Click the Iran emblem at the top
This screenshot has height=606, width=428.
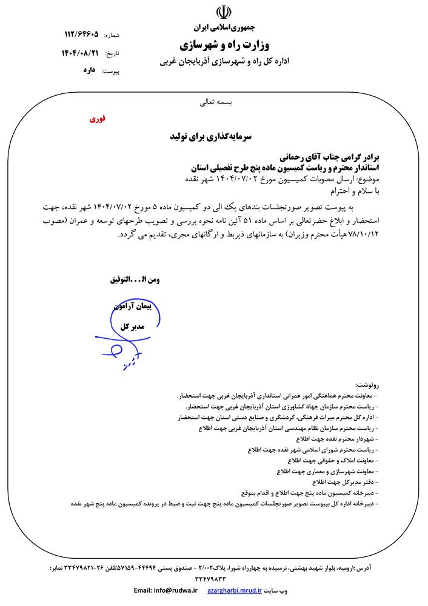point(224,14)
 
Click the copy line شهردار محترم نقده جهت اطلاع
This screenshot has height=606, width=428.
point(346,438)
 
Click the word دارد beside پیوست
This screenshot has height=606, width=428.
point(89,71)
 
